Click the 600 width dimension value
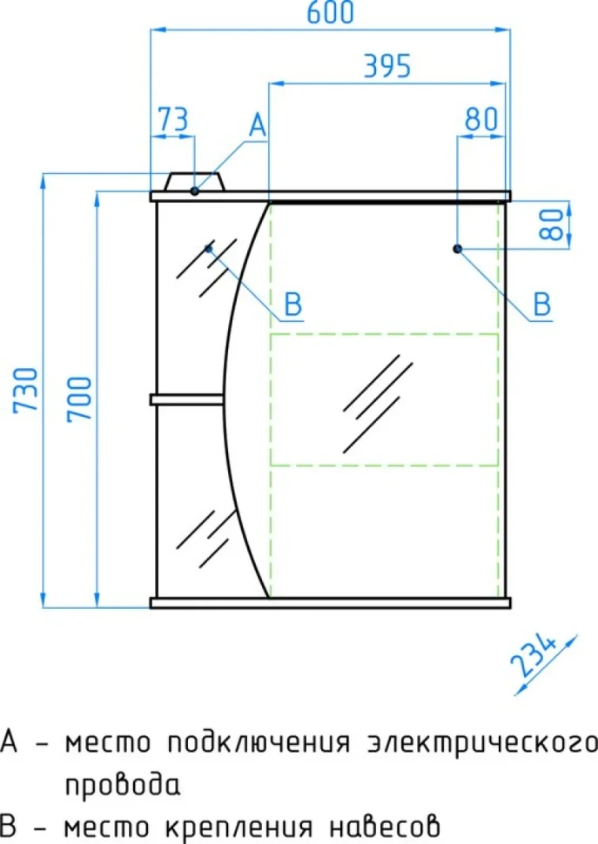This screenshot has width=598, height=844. [x=330, y=12]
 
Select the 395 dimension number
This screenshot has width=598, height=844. [x=387, y=66]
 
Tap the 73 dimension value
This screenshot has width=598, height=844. [x=173, y=119]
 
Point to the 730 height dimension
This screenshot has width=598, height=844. [x=26, y=390]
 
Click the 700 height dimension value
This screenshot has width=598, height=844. [x=80, y=399]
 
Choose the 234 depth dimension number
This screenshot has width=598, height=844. [x=534, y=655]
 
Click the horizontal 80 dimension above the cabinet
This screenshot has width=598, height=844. [x=481, y=119]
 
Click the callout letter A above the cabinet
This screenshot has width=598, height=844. [x=258, y=125]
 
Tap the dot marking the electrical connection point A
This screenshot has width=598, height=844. [x=195, y=191]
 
